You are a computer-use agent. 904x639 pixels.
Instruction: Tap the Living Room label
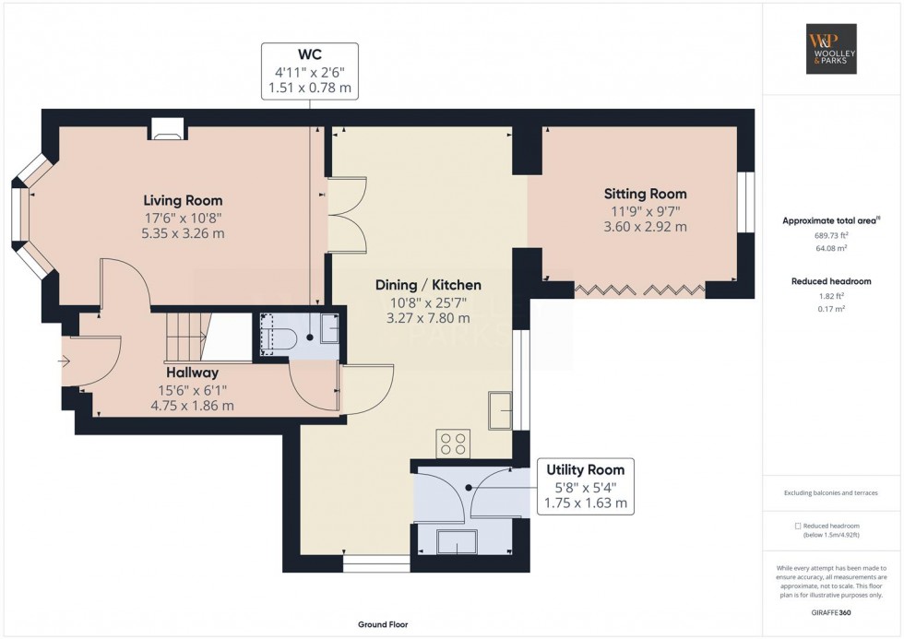point(183,200)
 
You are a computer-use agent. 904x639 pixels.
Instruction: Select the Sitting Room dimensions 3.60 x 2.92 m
point(645,226)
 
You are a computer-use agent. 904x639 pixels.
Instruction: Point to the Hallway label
point(192,373)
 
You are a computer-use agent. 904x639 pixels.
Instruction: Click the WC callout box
point(309,71)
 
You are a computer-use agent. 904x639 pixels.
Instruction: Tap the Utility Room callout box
point(585,486)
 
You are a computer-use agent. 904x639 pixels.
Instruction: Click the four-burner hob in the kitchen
point(453,443)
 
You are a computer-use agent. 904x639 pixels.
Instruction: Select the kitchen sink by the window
point(502,410)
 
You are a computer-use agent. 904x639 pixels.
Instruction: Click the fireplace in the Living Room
point(168,133)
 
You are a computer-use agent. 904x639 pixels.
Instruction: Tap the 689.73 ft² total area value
point(832,235)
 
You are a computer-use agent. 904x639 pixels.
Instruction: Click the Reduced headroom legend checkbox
point(798,526)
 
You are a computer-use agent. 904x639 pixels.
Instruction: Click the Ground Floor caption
point(383,624)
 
